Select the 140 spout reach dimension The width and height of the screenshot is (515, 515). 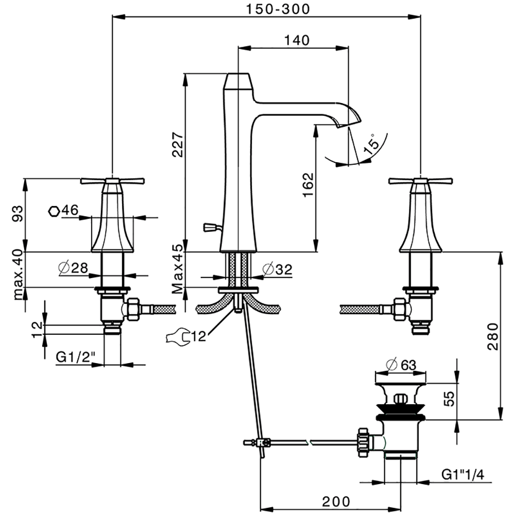[295, 40]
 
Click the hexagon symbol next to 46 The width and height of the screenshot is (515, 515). [53, 211]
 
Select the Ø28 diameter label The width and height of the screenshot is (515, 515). [72, 268]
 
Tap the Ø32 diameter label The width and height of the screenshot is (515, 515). [277, 269]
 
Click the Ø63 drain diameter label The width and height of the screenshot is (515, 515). [401, 365]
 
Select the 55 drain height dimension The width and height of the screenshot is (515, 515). [449, 400]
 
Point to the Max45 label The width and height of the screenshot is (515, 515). [177, 269]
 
